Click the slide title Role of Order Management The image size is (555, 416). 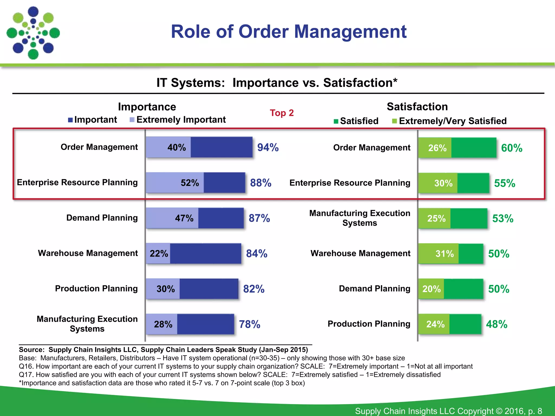pos(289,32)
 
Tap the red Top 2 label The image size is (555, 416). pos(282,113)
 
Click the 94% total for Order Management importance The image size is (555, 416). pos(268,147)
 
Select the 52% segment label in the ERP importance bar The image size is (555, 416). pos(190,183)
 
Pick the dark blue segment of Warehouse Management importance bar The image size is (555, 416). pos(205,253)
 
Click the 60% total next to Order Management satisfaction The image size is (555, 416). pos(512,148)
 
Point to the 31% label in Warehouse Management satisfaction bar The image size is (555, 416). pos(444,254)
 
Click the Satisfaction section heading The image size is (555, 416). pos(417,106)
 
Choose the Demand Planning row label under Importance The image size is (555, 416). pos(102,218)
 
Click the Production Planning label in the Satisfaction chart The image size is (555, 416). pos(369,324)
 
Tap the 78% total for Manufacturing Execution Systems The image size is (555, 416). pos(249,324)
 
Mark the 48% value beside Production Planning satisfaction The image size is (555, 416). pos(496,324)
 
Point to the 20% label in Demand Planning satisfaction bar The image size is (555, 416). pos(431,289)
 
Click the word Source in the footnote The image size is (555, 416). pos(31,350)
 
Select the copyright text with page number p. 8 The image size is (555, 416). pos(448,411)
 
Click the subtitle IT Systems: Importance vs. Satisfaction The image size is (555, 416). pos(277,83)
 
